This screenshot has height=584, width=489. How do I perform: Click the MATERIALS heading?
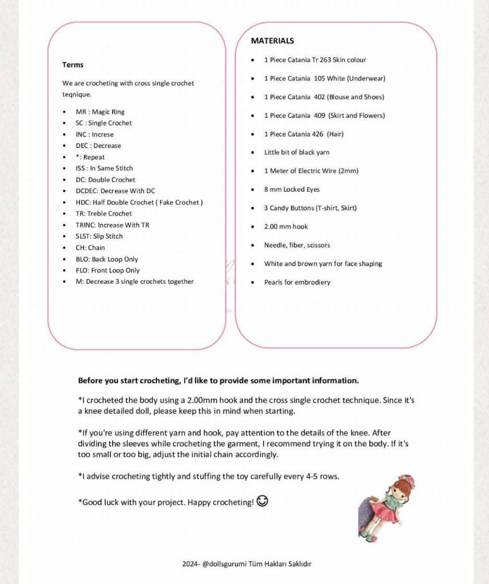[272, 41]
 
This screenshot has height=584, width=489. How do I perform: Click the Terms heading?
[72, 65]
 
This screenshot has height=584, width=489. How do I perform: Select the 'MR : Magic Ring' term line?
[100, 112]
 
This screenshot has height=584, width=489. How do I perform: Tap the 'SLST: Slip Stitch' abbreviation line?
[99, 237]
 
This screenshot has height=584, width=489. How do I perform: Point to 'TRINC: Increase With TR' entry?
[112, 225]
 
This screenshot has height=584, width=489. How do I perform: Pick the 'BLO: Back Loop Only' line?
[106, 259]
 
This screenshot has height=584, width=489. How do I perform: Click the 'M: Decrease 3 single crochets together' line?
[135, 282]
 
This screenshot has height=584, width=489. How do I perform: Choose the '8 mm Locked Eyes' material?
[291, 190]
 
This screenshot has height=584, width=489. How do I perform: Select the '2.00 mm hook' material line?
[286, 227]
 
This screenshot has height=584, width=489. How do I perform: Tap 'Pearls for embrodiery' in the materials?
[297, 282]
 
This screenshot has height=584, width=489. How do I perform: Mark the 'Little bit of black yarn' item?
[297, 153]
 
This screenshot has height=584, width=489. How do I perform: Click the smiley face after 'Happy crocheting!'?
[263, 501]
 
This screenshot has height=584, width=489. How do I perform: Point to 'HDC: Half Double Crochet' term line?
[139, 203]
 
